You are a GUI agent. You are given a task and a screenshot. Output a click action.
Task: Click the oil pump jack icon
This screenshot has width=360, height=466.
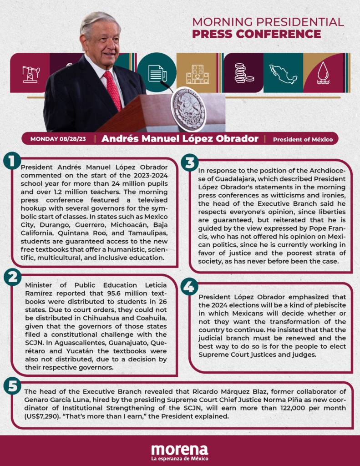pyautogui.click(x=30, y=73)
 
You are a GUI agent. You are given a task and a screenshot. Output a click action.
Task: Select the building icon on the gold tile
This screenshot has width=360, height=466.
pyautogui.click(x=197, y=74)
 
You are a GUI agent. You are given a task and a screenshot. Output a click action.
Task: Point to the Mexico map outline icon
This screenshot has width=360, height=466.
pyautogui.click(x=283, y=73)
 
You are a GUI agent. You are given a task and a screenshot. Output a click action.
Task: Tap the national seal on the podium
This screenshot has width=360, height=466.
pyautogui.click(x=189, y=109)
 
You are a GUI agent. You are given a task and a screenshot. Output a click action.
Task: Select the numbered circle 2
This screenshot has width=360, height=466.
pyautogui.click(x=11, y=276)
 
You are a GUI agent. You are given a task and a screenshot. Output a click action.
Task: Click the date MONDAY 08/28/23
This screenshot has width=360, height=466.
pyautogui.click(x=58, y=139)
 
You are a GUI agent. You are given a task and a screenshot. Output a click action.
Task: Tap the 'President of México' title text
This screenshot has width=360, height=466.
pyautogui.click(x=303, y=139)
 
